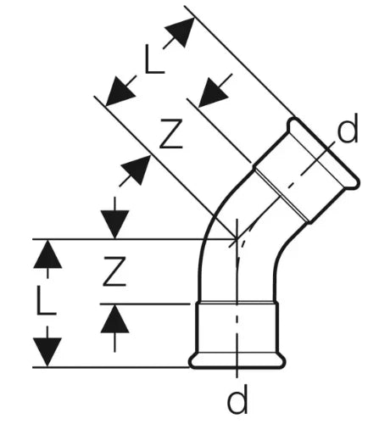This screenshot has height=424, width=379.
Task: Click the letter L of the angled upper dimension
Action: point(154,59)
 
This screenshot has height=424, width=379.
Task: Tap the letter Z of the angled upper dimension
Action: point(171,134)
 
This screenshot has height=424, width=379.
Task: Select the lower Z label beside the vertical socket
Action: point(114,271)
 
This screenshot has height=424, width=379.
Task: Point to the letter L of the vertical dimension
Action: point(47,300)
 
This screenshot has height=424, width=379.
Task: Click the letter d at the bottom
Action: point(237,399)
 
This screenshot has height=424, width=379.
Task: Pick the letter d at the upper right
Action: point(348,127)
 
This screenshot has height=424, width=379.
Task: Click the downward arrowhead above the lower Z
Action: point(114,223)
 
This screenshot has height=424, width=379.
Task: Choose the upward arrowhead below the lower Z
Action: point(114,320)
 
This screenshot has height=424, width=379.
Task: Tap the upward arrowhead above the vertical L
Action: point(47,255)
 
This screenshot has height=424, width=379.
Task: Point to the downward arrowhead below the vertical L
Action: point(47,351)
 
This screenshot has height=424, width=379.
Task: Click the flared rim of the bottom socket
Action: point(237,361)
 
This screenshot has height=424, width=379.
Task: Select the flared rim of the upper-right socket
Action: point(324,153)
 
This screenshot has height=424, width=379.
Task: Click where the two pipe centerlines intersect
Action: point(237,239)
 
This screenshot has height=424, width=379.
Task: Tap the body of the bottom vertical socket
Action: point(237,328)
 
